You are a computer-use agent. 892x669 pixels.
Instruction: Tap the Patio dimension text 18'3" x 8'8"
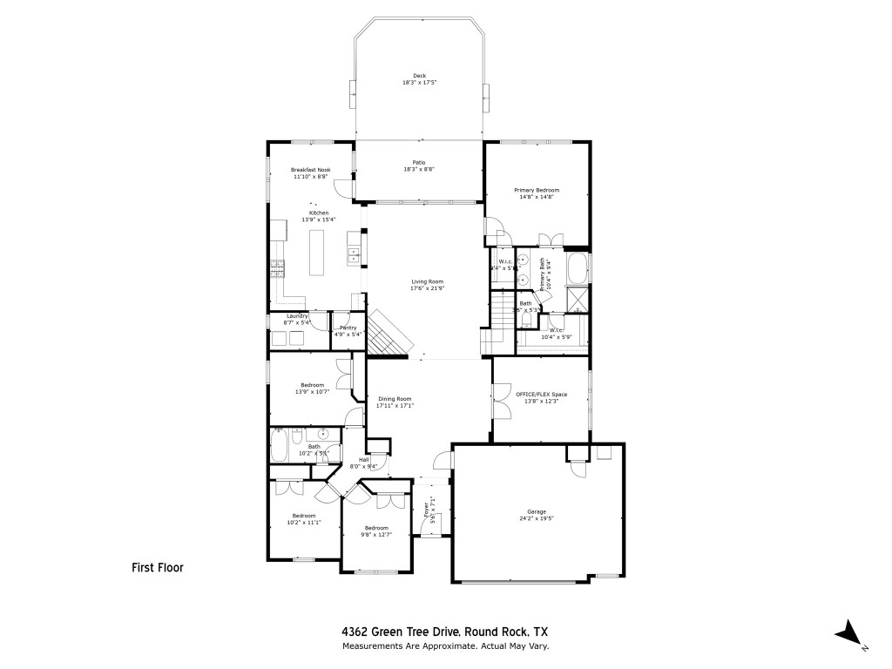[419, 169]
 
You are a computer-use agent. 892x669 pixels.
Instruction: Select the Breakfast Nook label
[311, 169]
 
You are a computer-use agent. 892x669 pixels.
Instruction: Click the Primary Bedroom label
[537, 190]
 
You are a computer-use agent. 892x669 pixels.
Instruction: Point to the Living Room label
[428, 281]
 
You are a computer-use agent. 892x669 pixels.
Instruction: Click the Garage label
[536, 511]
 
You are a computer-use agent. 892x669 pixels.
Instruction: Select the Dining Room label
[395, 398]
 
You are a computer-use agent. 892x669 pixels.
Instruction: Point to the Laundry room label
[298, 315]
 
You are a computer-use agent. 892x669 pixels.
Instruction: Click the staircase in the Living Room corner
[386, 334]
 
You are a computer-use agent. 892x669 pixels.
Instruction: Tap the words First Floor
[158, 567]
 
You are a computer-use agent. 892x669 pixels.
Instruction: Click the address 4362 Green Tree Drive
[400, 632]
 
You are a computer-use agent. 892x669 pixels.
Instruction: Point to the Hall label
[364, 460]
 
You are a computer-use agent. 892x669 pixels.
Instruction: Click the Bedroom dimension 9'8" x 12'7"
[376, 534]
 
